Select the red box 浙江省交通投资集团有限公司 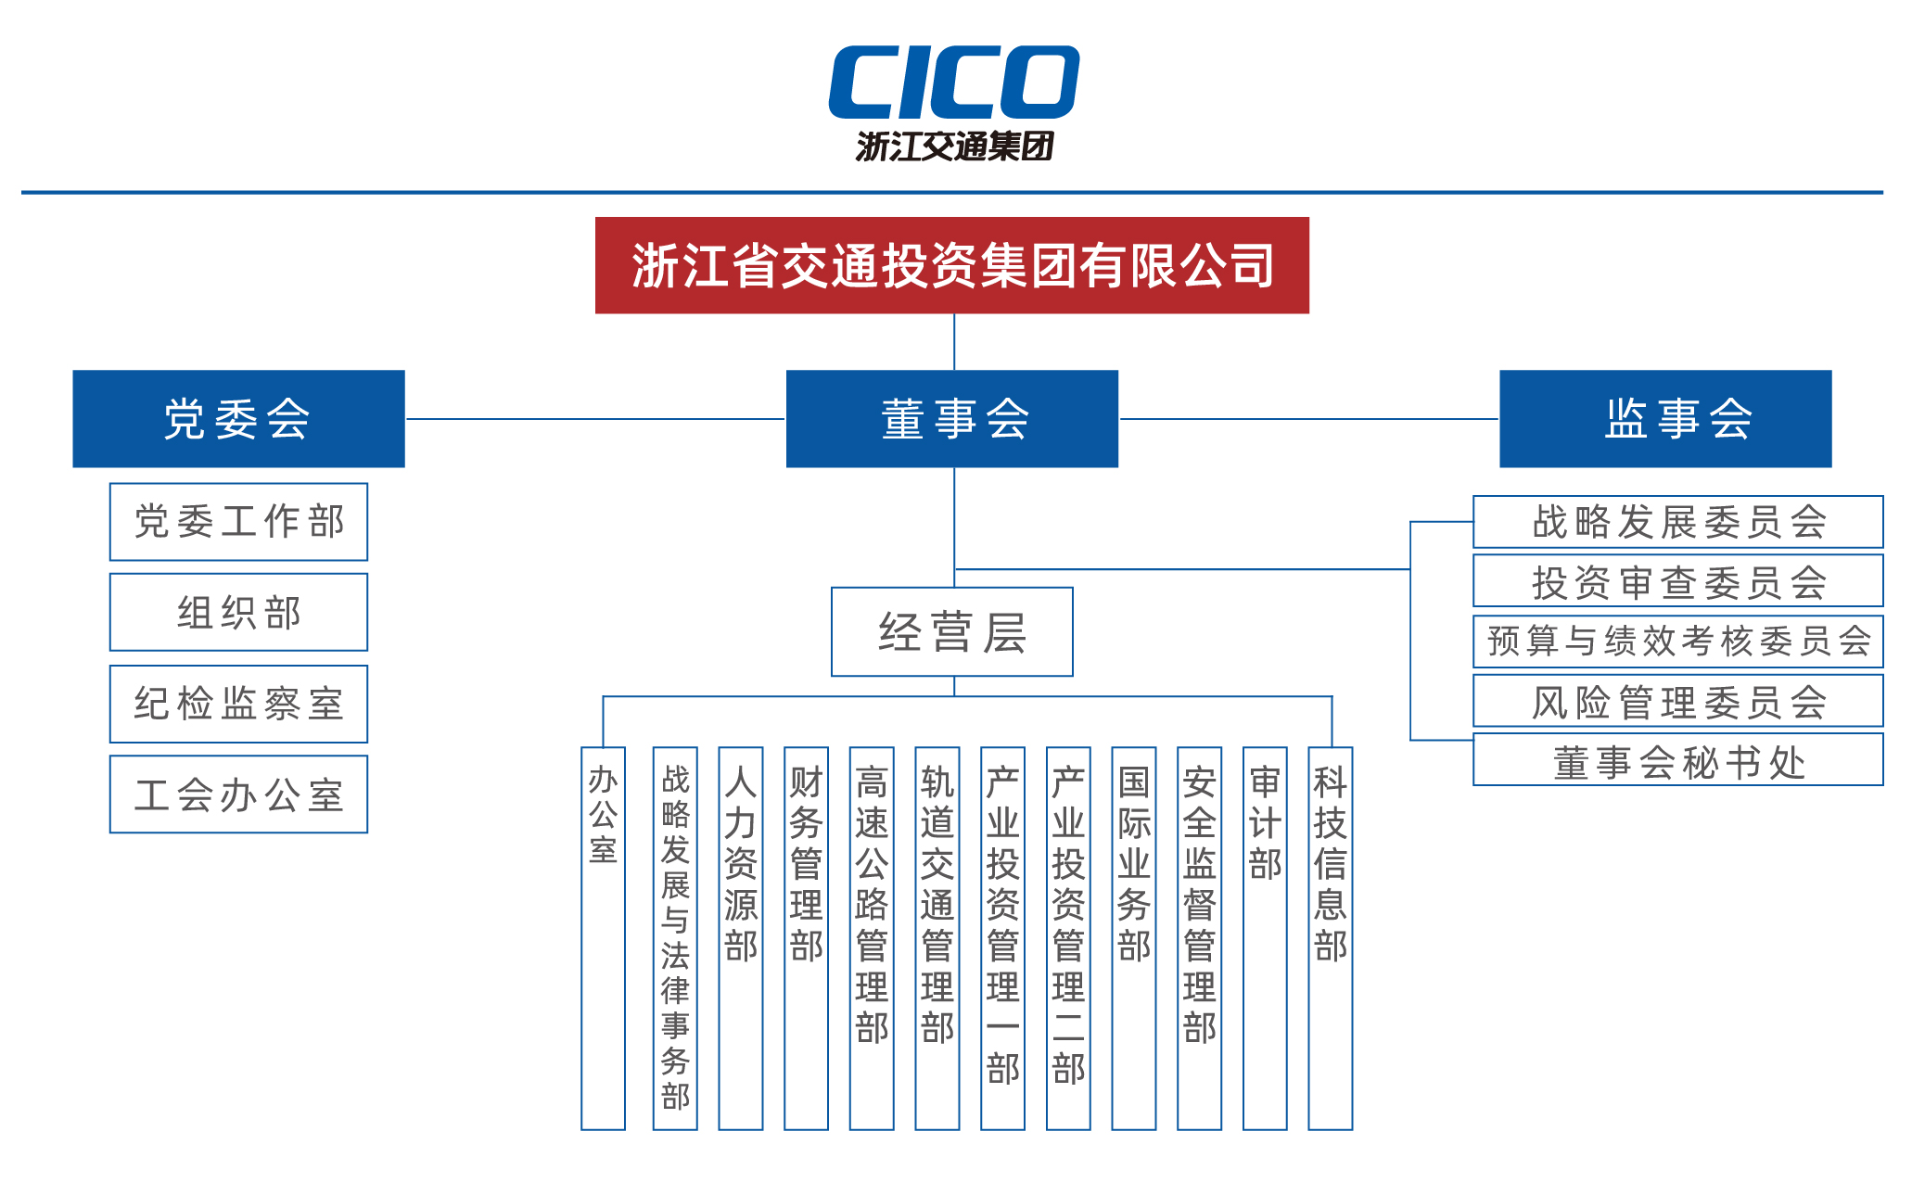tap(951, 265)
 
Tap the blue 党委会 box tap(238, 418)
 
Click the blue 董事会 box tap(951, 418)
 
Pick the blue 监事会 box tap(1664, 418)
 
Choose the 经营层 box tap(951, 631)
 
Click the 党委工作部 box tap(238, 521)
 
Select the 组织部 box tap(238, 612)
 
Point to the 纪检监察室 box tap(238, 704)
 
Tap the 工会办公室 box tap(238, 794)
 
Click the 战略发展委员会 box tap(1677, 522)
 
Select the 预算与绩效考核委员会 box tap(1677, 642)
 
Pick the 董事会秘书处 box tap(1677, 760)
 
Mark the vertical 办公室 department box tap(603, 937)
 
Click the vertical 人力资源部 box tap(740, 937)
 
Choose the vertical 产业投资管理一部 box tap(1002, 937)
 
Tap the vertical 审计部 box tap(1265, 937)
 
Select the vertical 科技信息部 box tap(1330, 937)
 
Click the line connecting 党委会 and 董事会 tap(595, 419)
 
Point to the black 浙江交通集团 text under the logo tap(954, 146)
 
